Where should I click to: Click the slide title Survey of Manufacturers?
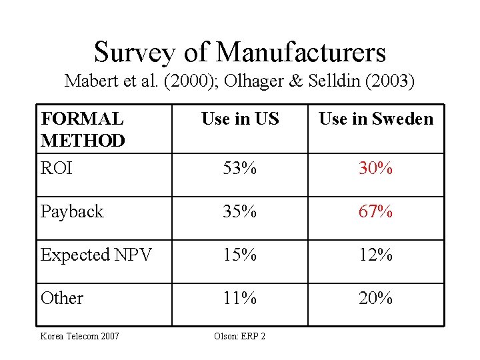click(240, 52)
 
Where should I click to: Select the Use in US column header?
click(240, 119)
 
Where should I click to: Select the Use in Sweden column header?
click(376, 119)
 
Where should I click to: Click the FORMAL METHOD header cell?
click(83, 129)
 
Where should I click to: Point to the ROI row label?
click(57, 168)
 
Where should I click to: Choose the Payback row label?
click(72, 211)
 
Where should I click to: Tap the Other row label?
click(62, 298)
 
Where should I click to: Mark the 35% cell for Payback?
click(239, 211)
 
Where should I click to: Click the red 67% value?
click(375, 211)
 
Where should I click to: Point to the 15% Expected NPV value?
click(239, 255)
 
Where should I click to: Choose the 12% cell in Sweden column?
click(375, 255)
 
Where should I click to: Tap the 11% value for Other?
click(239, 298)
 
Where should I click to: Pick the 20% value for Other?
click(375, 298)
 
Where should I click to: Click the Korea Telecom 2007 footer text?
click(80, 336)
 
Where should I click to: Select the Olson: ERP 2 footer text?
click(240, 336)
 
